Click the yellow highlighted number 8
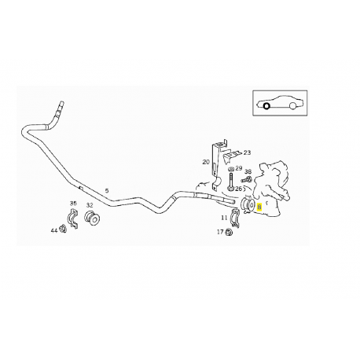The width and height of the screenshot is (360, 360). click(259, 207)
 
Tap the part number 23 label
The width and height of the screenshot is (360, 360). click(247, 152)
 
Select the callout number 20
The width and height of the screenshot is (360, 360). click(206, 162)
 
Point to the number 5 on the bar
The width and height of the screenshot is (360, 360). click(107, 191)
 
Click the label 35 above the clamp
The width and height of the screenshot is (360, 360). click(73, 204)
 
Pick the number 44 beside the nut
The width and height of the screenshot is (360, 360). click(54, 230)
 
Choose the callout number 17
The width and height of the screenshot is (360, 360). click(220, 232)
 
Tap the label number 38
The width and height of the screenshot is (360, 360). click(248, 171)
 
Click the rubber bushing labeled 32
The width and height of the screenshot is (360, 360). click(93, 217)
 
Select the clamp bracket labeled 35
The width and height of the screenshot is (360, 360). click(72, 218)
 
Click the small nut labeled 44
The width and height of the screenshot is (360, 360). click(63, 229)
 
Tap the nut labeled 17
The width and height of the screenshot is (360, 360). click(229, 232)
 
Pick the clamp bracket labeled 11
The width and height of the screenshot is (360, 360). click(234, 217)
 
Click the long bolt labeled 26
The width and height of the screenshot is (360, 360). click(230, 181)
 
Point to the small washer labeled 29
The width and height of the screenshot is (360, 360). click(231, 168)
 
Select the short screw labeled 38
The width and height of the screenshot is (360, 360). click(246, 179)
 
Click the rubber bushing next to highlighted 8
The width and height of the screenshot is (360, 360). click(248, 205)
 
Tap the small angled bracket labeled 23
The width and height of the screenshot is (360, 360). click(233, 156)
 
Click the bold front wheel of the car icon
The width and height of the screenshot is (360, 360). click(266, 106)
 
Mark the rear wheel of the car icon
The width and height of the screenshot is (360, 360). click(293, 105)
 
